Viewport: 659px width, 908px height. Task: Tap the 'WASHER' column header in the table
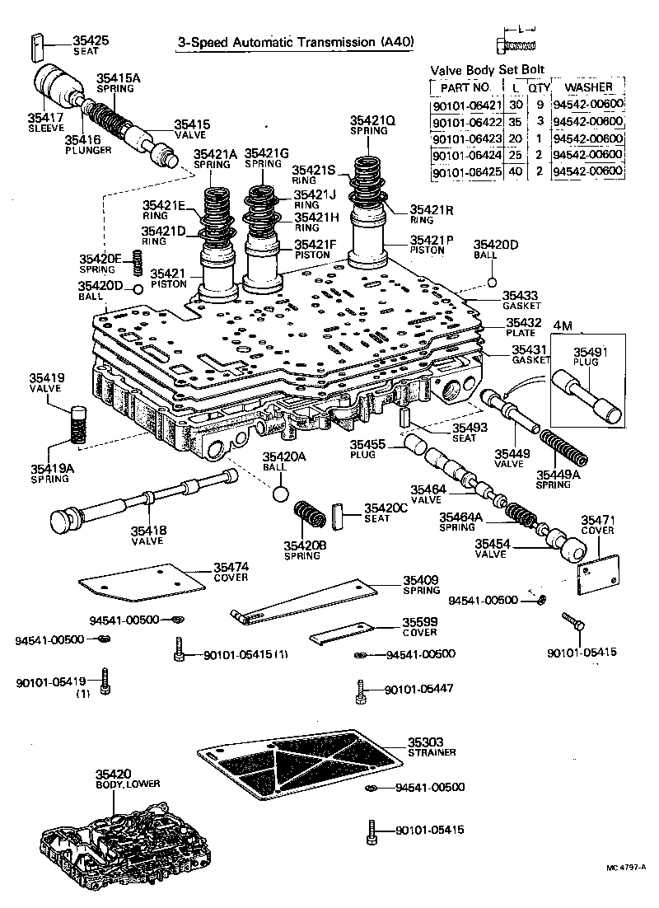click(x=588, y=87)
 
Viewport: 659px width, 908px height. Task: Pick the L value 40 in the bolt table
click(x=516, y=172)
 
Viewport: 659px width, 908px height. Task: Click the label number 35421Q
click(x=372, y=119)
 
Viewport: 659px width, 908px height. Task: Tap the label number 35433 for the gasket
click(x=520, y=295)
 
